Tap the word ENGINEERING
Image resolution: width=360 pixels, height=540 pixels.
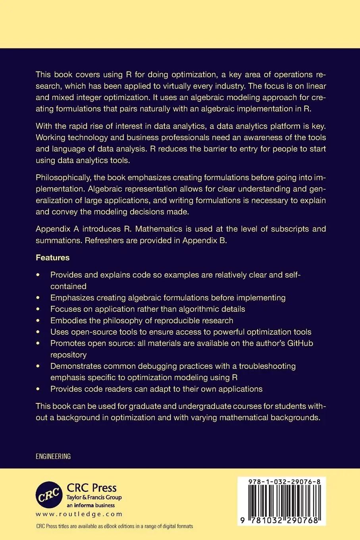tap(53, 456)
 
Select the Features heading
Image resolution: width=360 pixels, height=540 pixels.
tap(52, 257)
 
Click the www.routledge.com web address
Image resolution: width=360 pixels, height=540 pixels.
tap(79, 514)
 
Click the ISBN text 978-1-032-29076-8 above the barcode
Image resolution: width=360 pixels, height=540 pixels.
tap(281, 481)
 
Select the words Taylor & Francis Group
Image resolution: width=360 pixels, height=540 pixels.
tap(94, 498)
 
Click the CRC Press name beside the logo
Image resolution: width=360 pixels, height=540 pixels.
tap(92, 488)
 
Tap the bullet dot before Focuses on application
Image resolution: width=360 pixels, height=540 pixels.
tap(38, 309)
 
